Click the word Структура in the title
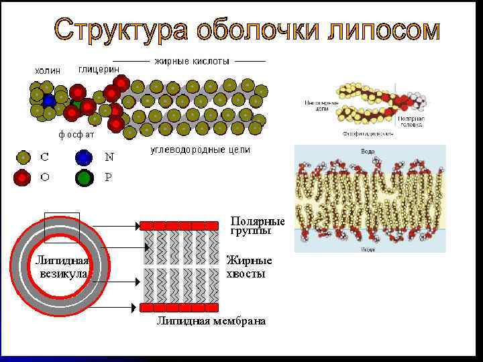click(121, 30)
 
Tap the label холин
click(47, 70)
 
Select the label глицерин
click(99, 69)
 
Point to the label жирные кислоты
click(192, 61)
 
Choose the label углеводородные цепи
click(200, 149)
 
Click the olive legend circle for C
click(23, 158)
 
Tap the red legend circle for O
click(23, 178)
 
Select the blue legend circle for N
click(84, 158)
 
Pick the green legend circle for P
click(84, 178)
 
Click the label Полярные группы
click(257, 226)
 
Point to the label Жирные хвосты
click(249, 267)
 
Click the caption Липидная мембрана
click(211, 321)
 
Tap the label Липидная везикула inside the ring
click(62, 267)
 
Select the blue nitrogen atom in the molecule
click(49, 101)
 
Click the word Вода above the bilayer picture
click(368, 152)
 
